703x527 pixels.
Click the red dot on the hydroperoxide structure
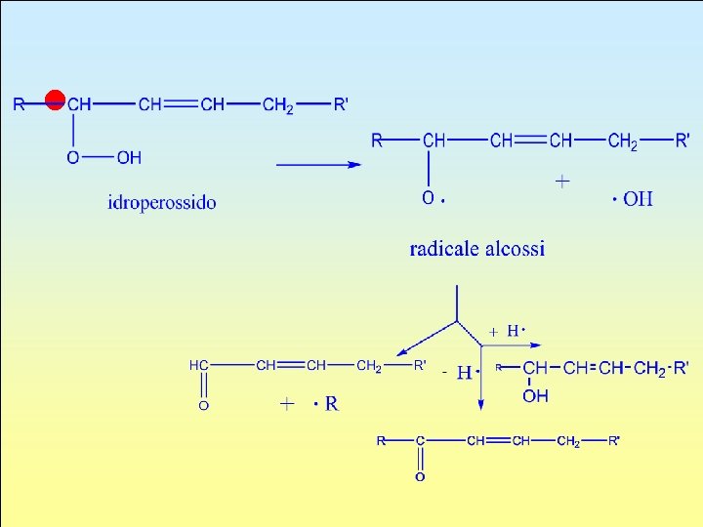(56, 99)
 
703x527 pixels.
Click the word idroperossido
(162, 203)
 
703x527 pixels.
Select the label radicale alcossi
(477, 249)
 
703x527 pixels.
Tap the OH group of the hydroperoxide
(129, 157)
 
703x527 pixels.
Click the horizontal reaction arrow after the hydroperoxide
(318, 164)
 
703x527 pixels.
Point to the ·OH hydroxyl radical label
(633, 199)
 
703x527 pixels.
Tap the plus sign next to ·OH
(562, 182)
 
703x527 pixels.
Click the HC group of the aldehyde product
(199, 365)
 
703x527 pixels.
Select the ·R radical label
(327, 403)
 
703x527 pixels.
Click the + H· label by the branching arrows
(509, 332)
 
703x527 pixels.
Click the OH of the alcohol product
(535, 396)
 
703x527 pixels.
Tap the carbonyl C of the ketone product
(420, 441)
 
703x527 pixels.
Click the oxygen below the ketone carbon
(420, 477)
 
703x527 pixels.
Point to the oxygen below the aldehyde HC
(203, 405)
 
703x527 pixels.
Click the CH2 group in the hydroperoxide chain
(277, 105)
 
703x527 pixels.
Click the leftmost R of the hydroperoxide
(20, 104)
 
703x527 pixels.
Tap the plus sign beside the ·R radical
(287, 403)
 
